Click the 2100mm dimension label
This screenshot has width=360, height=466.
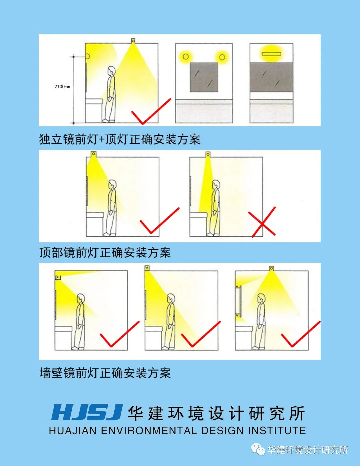click(62, 87)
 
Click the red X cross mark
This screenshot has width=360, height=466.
click(263, 222)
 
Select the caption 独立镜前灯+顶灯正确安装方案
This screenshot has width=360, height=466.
click(120, 139)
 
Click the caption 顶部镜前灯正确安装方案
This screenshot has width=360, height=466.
click(105, 252)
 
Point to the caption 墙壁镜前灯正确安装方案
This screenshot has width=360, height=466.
click(105, 373)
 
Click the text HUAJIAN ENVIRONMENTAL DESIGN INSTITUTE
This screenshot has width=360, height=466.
click(177, 431)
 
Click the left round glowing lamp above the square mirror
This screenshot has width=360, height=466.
click(186, 57)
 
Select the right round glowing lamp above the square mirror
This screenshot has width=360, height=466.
click(222, 57)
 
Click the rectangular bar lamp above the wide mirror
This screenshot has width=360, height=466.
click(271, 53)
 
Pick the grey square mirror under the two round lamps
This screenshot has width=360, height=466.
click(204, 77)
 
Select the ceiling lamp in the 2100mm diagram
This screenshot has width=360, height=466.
click(133, 41)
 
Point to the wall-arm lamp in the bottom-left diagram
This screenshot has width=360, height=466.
click(59, 277)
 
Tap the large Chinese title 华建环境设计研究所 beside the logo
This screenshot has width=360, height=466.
click(216, 413)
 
